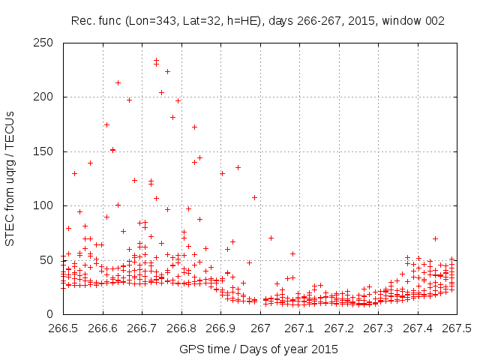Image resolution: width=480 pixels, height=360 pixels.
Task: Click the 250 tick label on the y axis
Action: (46, 43)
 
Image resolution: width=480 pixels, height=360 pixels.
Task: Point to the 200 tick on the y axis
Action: (46, 97)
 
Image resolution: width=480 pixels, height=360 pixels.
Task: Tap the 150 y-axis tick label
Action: (46, 151)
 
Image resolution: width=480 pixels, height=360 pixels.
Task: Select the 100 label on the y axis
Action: (46, 205)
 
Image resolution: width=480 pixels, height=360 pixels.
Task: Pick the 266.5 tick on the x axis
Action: (63, 328)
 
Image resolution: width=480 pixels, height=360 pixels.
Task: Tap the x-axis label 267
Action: (260, 328)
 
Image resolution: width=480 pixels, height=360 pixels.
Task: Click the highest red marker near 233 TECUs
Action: (156, 61)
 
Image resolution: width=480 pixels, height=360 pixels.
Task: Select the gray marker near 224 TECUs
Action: (167, 71)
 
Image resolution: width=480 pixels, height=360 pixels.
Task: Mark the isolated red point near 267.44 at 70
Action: (435, 238)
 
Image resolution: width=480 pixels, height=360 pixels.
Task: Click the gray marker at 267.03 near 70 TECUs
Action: (271, 238)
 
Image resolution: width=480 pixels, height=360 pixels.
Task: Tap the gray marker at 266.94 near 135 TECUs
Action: (238, 167)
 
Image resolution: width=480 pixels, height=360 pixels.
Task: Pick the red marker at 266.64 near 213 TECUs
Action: (118, 82)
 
